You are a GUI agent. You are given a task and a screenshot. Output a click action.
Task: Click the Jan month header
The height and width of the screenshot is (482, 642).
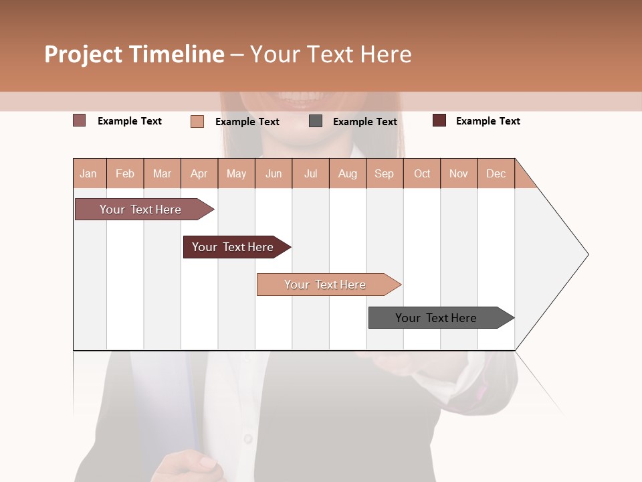pyautogui.click(x=89, y=173)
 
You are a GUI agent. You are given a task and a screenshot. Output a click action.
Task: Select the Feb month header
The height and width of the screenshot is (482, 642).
pyautogui.click(x=125, y=173)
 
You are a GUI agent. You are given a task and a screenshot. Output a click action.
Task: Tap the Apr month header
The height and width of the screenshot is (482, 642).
pyautogui.click(x=199, y=173)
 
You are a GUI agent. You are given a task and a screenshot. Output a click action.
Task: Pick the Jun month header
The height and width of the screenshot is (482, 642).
pyautogui.click(x=274, y=173)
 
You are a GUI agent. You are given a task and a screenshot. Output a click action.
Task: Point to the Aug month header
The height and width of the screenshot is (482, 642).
pyautogui.click(x=348, y=173)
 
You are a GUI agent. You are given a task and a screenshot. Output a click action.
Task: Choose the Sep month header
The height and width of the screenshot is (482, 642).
pyautogui.click(x=385, y=173)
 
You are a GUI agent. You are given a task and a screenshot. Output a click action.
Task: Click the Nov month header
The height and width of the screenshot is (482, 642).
pyautogui.click(x=459, y=173)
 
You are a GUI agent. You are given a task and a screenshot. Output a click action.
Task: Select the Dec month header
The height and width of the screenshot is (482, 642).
pyautogui.click(x=496, y=173)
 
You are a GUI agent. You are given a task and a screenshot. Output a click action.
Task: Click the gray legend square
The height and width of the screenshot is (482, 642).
pyautogui.click(x=316, y=121)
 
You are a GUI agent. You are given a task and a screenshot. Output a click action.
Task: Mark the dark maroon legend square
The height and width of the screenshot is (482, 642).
pyautogui.click(x=439, y=120)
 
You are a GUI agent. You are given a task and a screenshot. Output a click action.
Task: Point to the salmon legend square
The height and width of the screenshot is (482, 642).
pyautogui.click(x=197, y=121)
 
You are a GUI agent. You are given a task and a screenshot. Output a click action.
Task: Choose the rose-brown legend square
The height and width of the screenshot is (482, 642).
pyautogui.click(x=80, y=120)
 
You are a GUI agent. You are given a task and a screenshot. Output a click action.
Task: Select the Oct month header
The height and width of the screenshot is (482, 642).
pyautogui.click(x=422, y=173)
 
